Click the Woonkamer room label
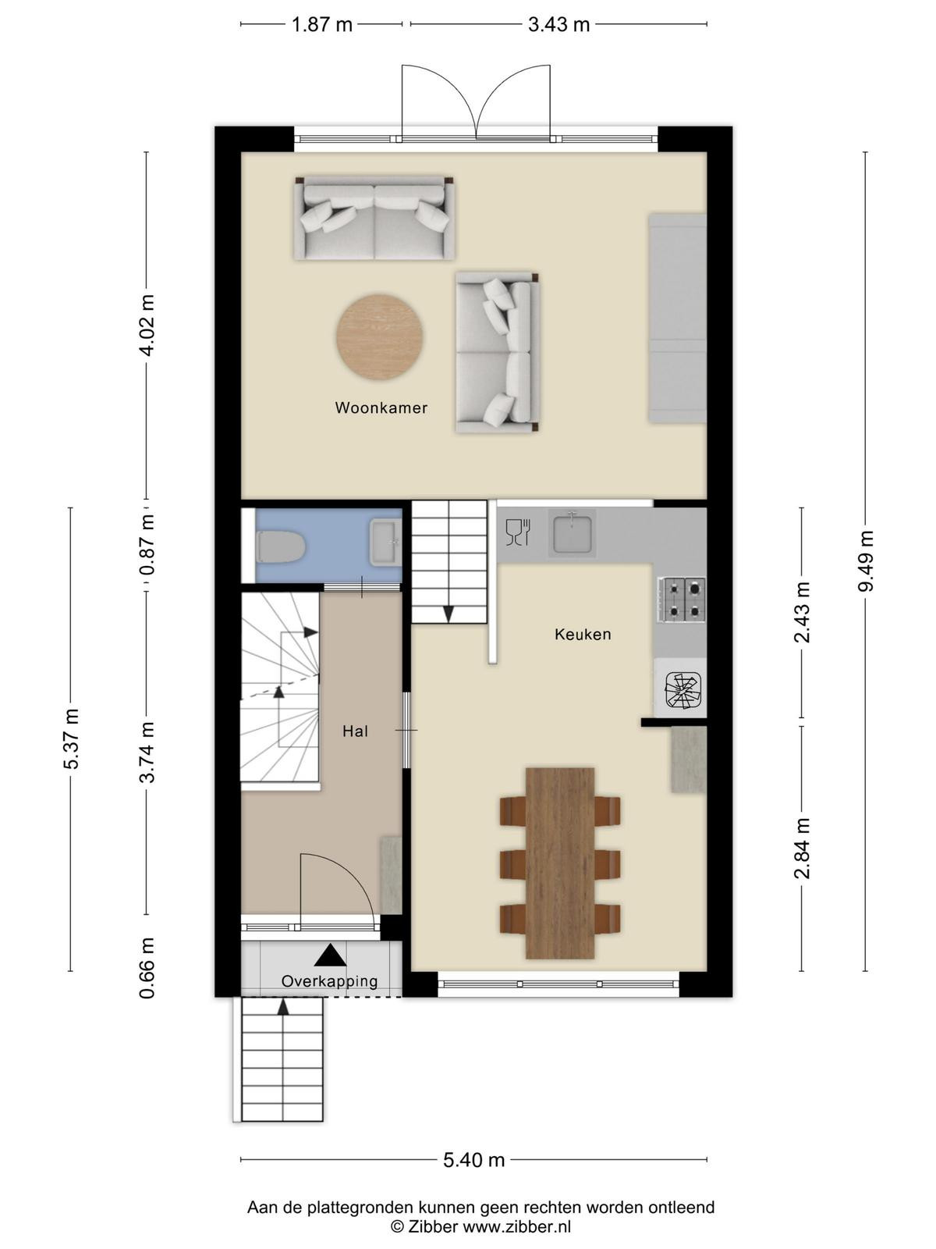(381, 407)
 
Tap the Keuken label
(583, 634)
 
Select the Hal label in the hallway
(355, 731)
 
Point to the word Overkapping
(330, 981)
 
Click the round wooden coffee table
(380, 337)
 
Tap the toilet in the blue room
(281, 547)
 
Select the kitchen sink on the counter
(573, 533)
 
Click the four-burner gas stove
(682, 600)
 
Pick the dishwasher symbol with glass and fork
(518, 532)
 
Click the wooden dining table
(560, 863)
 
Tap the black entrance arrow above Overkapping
(330, 955)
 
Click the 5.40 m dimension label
(474, 1160)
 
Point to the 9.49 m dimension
(866, 561)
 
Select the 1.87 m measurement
(321, 24)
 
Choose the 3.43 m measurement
(558, 24)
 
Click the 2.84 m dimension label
(801, 849)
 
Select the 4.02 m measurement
(147, 326)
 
